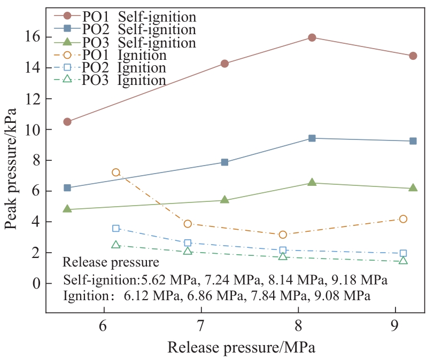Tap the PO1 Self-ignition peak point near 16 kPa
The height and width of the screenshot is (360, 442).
click(312, 37)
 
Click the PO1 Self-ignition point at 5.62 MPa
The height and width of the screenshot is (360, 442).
click(67, 122)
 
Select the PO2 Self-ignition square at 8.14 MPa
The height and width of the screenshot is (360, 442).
click(312, 138)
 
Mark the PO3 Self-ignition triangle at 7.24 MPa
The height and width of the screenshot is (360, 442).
click(224, 200)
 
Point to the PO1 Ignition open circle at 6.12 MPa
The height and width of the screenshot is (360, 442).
click(116, 173)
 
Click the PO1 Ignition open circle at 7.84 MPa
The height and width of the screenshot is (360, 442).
click(283, 234)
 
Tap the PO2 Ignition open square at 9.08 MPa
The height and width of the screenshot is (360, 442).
click(403, 253)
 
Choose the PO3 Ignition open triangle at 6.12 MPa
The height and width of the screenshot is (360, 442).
click(116, 245)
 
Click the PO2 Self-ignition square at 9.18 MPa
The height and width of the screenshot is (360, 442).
click(413, 141)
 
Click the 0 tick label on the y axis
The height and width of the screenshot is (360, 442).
click(36, 284)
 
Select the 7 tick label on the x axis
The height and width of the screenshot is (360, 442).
click(201, 326)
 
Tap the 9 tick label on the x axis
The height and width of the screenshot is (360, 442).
click(396, 326)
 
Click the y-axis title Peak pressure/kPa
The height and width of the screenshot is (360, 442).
click(11, 168)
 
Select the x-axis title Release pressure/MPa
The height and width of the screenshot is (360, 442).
click(241, 348)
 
